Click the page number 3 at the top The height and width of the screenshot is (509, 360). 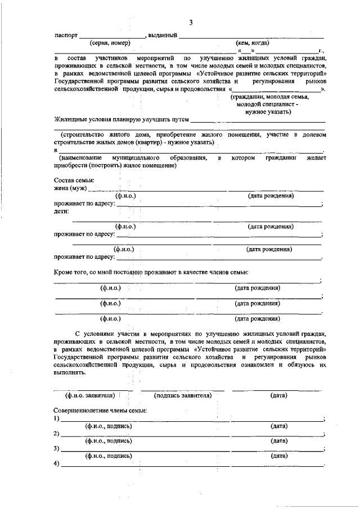coord(191,23)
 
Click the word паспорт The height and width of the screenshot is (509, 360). coord(66,35)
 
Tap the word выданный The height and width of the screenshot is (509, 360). coord(163,35)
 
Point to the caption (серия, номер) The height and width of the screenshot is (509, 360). coord(110,43)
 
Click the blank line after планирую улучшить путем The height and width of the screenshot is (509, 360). coord(258,120)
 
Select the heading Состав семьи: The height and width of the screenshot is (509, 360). coord(74,180)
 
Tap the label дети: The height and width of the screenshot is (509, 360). coord(61,211)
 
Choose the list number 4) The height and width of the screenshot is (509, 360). coord(57,464)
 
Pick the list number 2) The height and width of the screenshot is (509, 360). coord(57,434)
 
